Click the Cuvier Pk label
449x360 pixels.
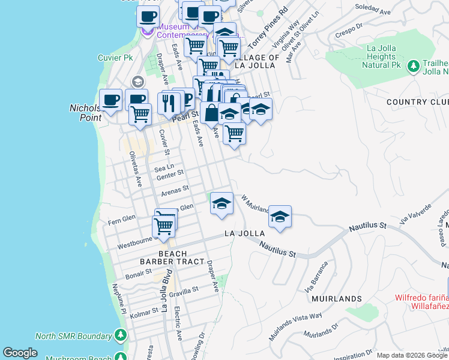click(115, 58)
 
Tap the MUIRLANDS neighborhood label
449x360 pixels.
click(337, 298)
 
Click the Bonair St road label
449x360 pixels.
click(139, 272)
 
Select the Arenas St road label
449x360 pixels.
click(175, 191)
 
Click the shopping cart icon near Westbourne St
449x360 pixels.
click(163, 226)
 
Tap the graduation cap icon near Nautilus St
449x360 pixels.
click(280, 217)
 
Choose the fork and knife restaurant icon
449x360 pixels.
click(169, 103)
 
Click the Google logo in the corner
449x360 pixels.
click(20, 353)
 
